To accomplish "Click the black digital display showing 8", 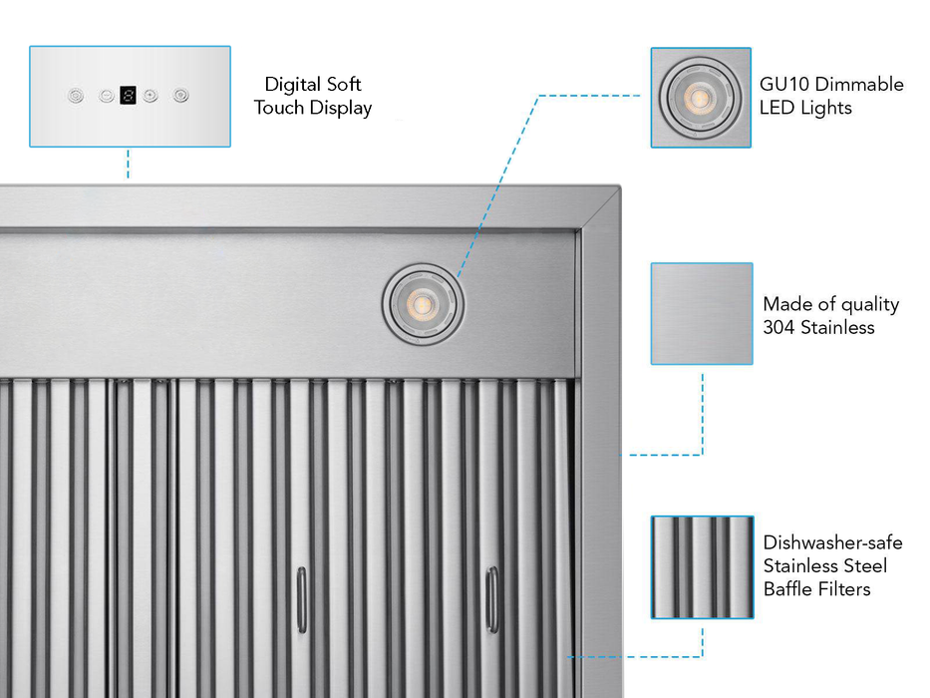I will [128, 96].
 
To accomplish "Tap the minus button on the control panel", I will [106, 96].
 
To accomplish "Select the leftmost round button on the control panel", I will [76, 96].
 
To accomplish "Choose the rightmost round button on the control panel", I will [180, 96].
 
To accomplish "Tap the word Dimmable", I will [859, 85].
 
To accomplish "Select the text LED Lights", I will [805, 108].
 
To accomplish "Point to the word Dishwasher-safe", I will [833, 543].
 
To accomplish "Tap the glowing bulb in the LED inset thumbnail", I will [700, 98].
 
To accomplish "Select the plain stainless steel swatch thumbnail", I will [701, 313].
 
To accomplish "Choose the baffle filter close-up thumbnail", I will [701, 566].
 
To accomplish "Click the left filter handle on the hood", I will [301, 598].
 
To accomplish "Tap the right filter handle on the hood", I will [490, 598].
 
